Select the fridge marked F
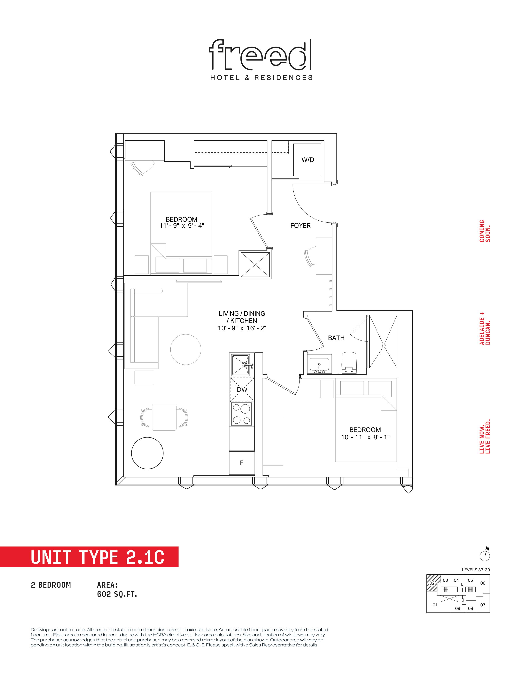242,463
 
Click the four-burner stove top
242,414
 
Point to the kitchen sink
241,365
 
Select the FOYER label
300,226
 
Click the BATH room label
336,338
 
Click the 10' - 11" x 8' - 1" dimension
365,437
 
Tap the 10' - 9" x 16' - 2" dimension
242,328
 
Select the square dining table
164,417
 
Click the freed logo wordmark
260,54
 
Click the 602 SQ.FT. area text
117,594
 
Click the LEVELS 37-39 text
476,570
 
